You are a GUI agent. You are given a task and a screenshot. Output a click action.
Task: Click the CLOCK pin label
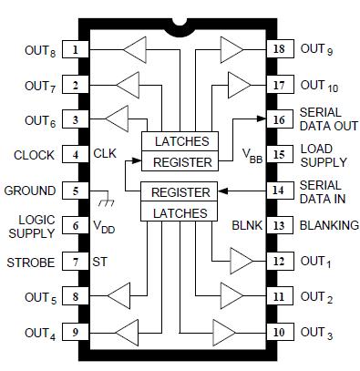pos(34,156)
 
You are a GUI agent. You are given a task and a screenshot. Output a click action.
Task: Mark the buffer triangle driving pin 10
pos(224,331)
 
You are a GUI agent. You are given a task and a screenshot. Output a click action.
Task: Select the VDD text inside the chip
pos(106,225)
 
